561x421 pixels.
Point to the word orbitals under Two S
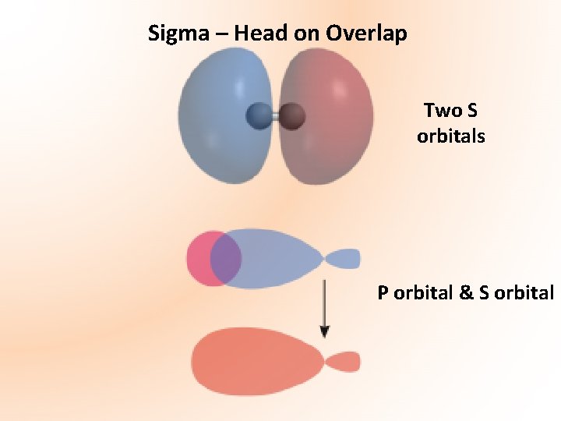(450, 136)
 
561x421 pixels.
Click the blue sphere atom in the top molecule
(257, 117)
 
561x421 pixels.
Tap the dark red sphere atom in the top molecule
(291, 117)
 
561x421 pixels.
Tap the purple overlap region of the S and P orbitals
(225, 259)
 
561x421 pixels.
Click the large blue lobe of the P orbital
(280, 258)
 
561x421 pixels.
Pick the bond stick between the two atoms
(274, 117)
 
